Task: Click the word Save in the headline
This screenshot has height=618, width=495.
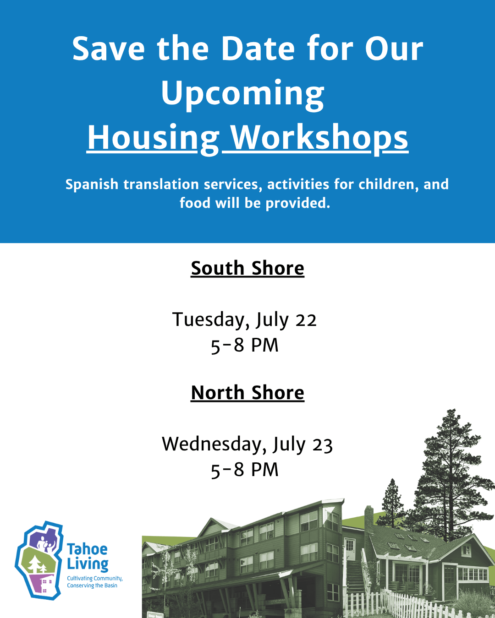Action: click(x=108, y=48)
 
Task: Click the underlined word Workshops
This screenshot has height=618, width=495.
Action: click(x=319, y=139)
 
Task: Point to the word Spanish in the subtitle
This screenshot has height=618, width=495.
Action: click(x=92, y=184)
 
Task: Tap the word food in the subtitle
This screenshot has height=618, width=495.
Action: click(x=195, y=203)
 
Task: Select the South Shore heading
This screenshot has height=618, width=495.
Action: click(x=247, y=269)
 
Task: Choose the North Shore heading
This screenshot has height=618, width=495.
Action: click(x=247, y=393)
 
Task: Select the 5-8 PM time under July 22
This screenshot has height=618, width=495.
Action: click(x=245, y=345)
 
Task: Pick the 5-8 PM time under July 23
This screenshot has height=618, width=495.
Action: click(x=245, y=470)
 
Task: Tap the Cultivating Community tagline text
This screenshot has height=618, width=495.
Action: click(x=95, y=582)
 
